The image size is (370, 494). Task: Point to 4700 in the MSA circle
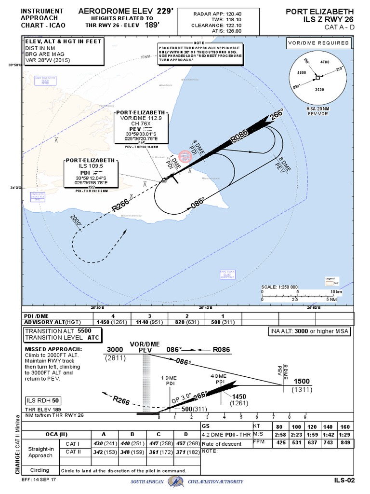pos(325,62)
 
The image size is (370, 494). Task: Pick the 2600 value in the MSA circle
pos(318,90)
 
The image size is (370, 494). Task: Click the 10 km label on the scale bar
pos(335,292)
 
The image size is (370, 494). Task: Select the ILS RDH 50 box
pos(43,401)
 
